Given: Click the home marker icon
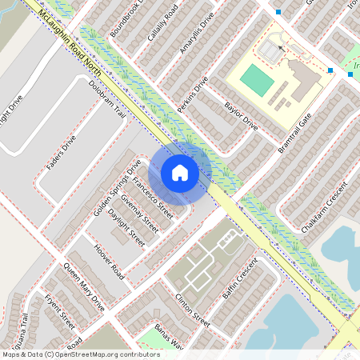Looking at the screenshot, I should pos(179,173).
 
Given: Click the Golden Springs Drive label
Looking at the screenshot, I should pos(117,192).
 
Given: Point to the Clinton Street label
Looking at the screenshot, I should pos(191,310).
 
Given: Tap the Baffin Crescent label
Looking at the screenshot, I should pos(240,280).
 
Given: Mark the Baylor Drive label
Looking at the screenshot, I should pos(241,117).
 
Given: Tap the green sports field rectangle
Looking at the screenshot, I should pos(257,78).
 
